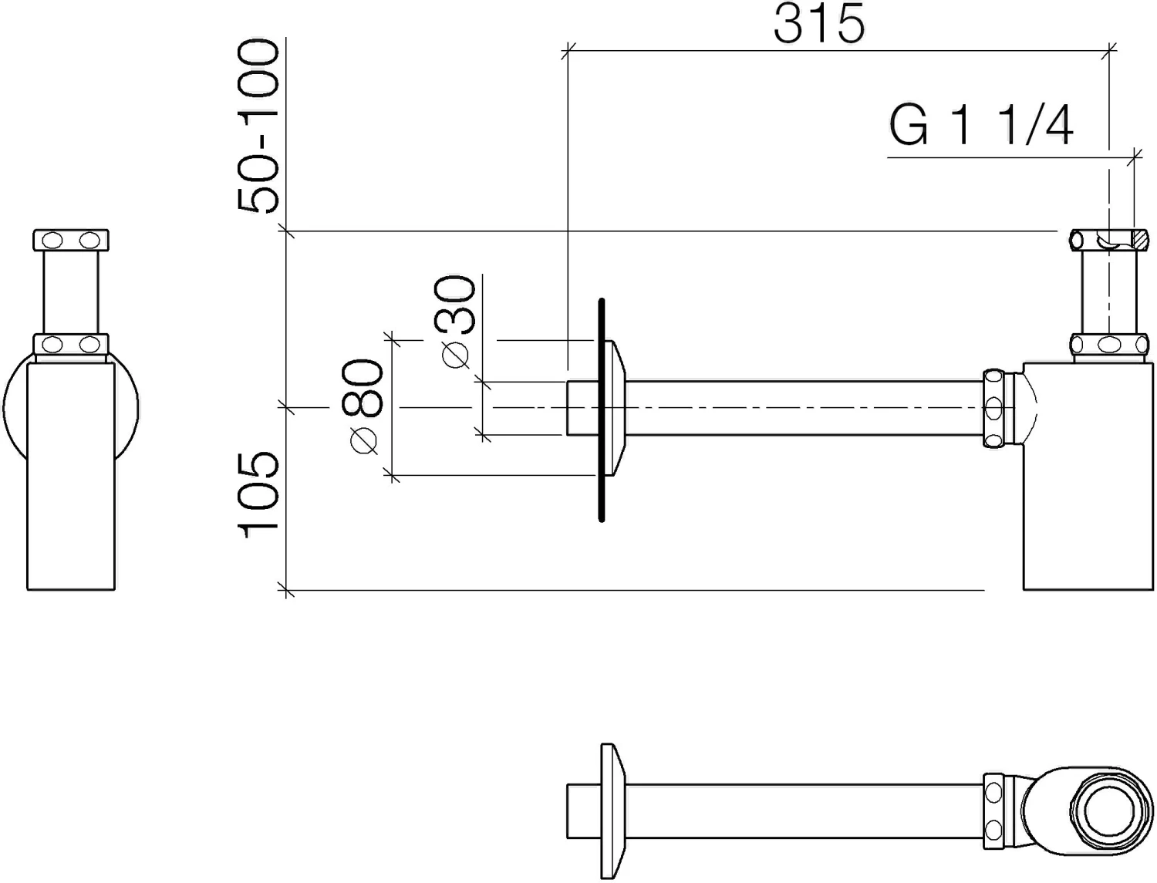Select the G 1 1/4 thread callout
click(x=981, y=125)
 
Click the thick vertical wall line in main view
click(x=602, y=410)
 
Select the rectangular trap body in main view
click(x=1088, y=477)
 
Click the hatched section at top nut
click(x=1141, y=241)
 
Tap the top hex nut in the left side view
click(x=71, y=240)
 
